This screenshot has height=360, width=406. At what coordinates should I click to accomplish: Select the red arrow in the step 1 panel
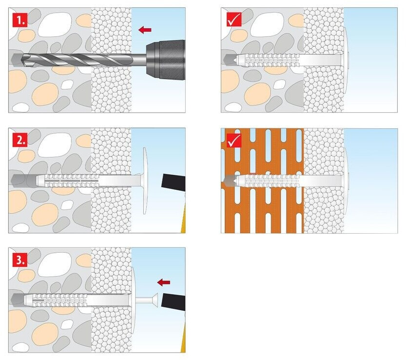tap(144, 30)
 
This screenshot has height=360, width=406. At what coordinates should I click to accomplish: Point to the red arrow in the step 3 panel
tap(164, 281)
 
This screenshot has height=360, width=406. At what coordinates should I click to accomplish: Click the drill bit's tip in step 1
tap(15, 59)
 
